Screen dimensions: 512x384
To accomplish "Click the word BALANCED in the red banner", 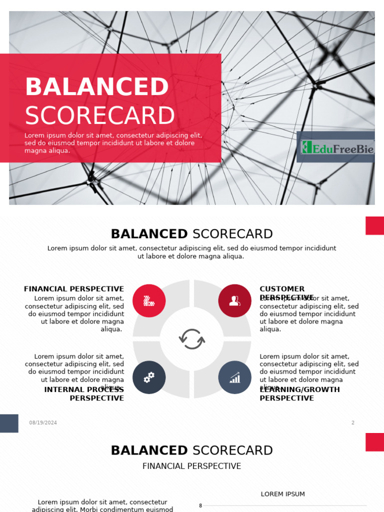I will pyautogui.click(x=97, y=87).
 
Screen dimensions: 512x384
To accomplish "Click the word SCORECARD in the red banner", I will pyautogui.click(x=100, y=116).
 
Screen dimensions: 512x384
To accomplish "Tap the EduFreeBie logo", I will pyautogui.click(x=336, y=147).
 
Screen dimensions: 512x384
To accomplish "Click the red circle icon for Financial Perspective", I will pyautogui.click(x=149, y=300).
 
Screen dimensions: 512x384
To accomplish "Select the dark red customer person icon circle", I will pyautogui.click(x=234, y=300).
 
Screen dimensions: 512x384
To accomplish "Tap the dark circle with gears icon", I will pyautogui.click(x=149, y=377).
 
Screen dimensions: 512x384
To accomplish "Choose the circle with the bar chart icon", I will pyautogui.click(x=234, y=377).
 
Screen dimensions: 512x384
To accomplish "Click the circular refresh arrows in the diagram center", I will pyautogui.click(x=192, y=339).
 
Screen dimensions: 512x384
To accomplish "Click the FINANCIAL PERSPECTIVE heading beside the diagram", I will pyautogui.click(x=74, y=289).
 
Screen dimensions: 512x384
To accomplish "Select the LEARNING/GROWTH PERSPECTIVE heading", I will pyautogui.click(x=299, y=394).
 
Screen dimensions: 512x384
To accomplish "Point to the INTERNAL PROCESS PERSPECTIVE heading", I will pyautogui.click(x=84, y=394).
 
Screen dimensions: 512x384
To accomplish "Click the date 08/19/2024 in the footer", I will pyautogui.click(x=43, y=422).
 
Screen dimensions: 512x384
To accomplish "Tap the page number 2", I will pyautogui.click(x=352, y=422).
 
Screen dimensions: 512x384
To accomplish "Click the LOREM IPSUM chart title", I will pyautogui.click(x=282, y=494).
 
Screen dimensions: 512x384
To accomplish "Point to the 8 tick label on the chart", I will pyautogui.click(x=200, y=505).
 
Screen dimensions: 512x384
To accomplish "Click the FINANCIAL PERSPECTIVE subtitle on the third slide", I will pyautogui.click(x=192, y=466).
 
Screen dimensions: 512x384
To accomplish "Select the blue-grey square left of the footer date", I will pyautogui.click(x=9, y=423).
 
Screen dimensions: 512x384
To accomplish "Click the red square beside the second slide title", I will pyautogui.click(x=374, y=225).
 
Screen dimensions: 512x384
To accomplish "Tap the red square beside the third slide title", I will pyautogui.click(x=374, y=442).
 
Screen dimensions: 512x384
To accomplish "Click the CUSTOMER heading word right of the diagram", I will pyautogui.click(x=282, y=289).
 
